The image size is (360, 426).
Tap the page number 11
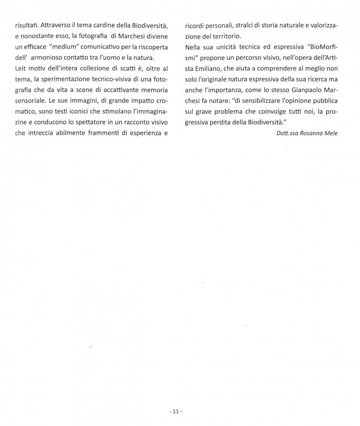[175, 411]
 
